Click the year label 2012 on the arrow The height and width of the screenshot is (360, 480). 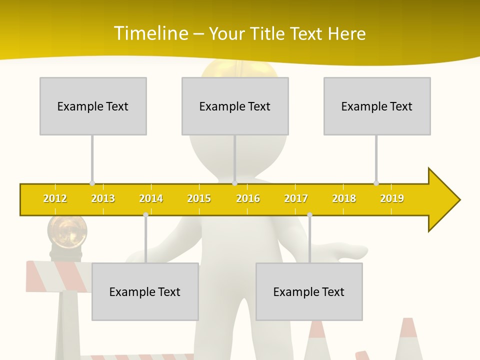point(55,198)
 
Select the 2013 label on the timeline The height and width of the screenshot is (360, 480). point(103,198)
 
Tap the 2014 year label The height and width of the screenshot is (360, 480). point(151,198)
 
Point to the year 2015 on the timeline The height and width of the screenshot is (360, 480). point(199,198)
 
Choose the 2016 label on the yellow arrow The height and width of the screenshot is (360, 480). point(248,198)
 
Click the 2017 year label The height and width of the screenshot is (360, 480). point(296,198)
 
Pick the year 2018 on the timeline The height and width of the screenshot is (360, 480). point(344,198)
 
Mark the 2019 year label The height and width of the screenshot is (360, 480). point(392,198)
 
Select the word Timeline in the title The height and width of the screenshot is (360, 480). point(150,33)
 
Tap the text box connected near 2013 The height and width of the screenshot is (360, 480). point(93,106)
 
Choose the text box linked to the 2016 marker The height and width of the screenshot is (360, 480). point(235,106)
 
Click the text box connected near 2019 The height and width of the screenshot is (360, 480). point(377,106)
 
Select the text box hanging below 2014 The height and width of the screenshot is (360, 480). point(145,291)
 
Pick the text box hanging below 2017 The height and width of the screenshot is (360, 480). point(309,291)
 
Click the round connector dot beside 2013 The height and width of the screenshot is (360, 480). point(92,183)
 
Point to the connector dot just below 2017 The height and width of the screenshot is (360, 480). point(309,215)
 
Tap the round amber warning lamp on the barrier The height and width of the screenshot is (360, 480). point(67,231)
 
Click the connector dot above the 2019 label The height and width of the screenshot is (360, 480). point(376,183)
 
